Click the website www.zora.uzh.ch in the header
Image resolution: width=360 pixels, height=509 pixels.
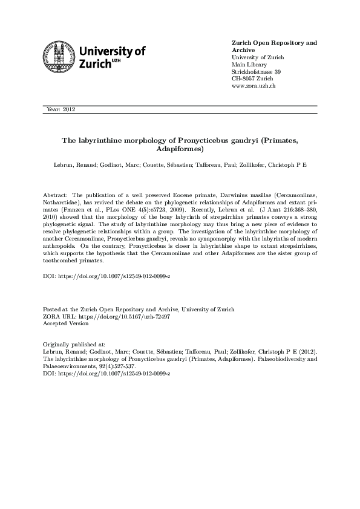(254, 86)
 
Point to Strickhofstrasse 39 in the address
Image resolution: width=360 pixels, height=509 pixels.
(257, 72)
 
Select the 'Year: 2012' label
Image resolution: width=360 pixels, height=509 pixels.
(60, 109)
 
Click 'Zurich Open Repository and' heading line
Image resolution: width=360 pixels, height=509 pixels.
(275, 43)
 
